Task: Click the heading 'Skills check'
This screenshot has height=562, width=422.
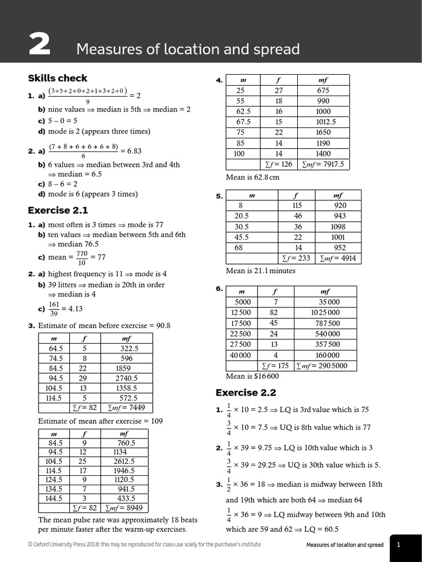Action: (x=57, y=78)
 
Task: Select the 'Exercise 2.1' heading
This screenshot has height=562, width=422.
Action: (x=58, y=210)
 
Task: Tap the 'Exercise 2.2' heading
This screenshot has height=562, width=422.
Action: (x=246, y=392)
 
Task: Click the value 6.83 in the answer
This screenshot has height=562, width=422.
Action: (x=131, y=151)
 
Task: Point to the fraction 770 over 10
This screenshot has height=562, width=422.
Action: (x=82, y=257)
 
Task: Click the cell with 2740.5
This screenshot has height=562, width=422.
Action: (x=126, y=378)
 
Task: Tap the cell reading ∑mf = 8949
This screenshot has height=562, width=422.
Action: (x=127, y=508)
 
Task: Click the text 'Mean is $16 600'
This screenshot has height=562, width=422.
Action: (x=252, y=376)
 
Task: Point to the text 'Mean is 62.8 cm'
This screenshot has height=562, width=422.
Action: (x=253, y=177)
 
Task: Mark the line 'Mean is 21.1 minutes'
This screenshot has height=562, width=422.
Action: (x=260, y=271)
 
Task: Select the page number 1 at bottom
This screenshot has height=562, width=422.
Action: (x=398, y=545)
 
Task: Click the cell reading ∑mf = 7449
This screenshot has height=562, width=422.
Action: (x=127, y=408)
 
